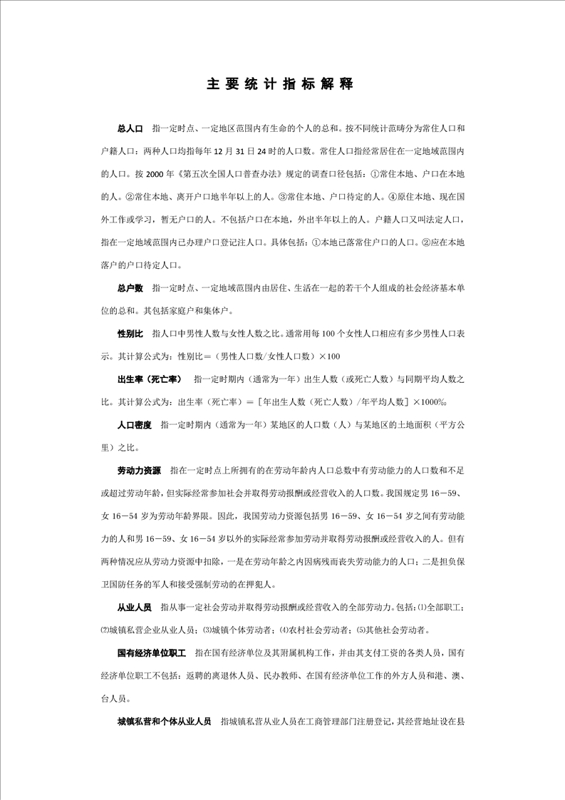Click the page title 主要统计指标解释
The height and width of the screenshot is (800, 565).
[279, 84]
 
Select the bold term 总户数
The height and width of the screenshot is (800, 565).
[130, 288]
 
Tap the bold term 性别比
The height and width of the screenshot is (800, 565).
[130, 334]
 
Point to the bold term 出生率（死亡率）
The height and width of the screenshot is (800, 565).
[149, 379]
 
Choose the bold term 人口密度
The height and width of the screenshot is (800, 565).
[135, 425]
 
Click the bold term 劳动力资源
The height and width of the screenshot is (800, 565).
[139, 471]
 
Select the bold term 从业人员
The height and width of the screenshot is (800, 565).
[135, 607]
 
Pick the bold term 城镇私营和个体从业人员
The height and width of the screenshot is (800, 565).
[165, 721]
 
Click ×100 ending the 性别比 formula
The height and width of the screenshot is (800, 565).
[329, 357]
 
